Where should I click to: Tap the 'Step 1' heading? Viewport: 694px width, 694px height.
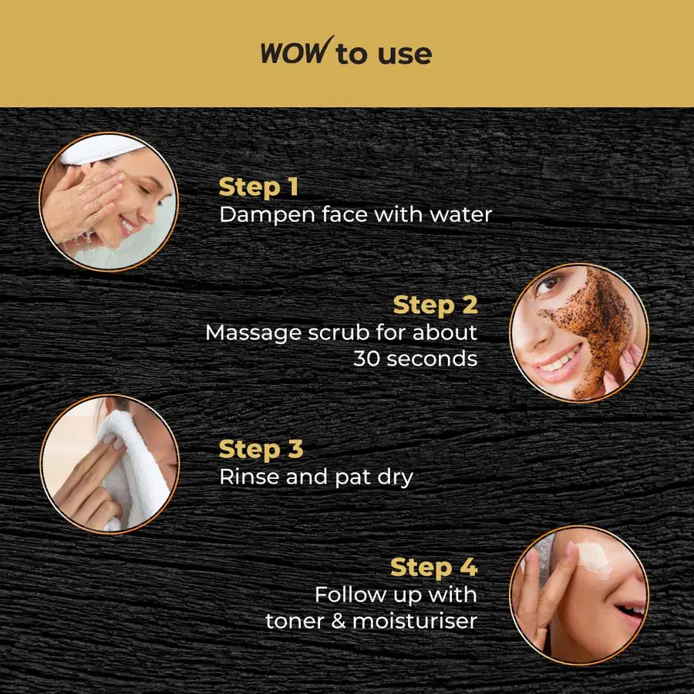pyautogui.click(x=258, y=187)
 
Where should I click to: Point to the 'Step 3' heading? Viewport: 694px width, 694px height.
pyautogui.click(x=261, y=449)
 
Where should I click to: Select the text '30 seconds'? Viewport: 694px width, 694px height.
pyautogui.click(x=415, y=359)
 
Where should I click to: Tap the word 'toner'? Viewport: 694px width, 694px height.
pyautogui.click(x=296, y=621)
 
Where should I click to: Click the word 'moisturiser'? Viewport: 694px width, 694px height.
pyautogui.click(x=415, y=621)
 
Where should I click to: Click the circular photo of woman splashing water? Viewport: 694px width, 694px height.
pyautogui.click(x=109, y=202)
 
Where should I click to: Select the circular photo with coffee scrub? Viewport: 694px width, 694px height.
pyautogui.click(x=579, y=332)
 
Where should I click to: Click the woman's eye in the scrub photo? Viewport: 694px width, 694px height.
pyautogui.click(x=548, y=285)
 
